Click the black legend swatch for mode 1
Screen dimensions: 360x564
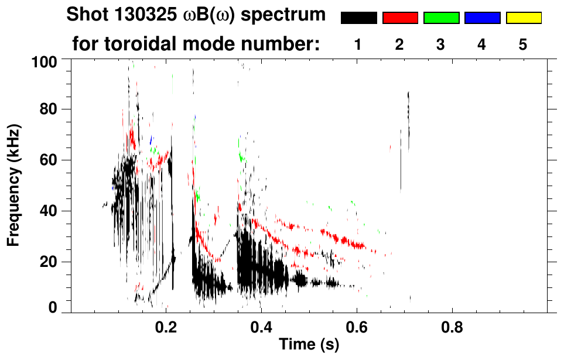[x=358, y=18]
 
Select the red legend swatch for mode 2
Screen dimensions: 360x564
[x=400, y=18]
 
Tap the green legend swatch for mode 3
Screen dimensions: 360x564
[x=441, y=18]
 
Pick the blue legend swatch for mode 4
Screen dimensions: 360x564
[x=482, y=18]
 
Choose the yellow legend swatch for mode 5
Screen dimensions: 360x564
[x=524, y=18]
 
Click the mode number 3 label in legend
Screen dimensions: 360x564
[x=441, y=45]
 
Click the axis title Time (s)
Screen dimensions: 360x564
[x=309, y=345]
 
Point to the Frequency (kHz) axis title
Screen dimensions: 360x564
[x=13, y=185]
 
